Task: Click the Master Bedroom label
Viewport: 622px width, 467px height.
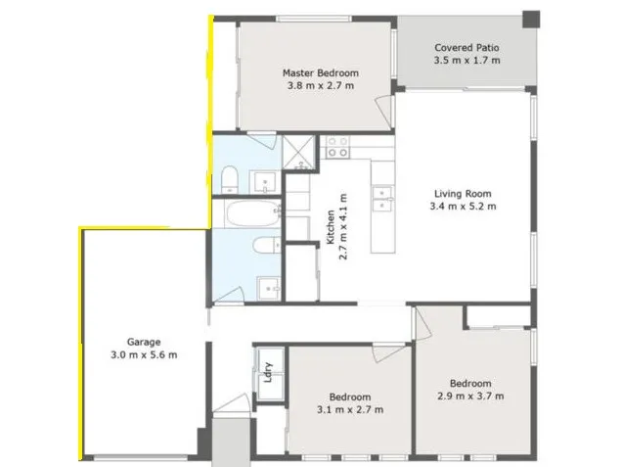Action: pos(321,73)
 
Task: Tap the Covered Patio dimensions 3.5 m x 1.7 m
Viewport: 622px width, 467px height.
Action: pos(466,61)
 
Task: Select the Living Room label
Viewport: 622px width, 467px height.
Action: pos(463,194)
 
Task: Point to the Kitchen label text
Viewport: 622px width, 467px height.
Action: pos(331,227)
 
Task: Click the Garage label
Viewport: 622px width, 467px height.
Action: pos(144,342)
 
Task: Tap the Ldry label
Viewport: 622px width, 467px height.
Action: pos(268,372)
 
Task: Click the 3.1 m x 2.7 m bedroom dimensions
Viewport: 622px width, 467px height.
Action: pos(350,409)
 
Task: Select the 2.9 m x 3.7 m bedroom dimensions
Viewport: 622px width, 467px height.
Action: pos(470,396)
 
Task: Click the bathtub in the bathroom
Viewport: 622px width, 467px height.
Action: pos(252,213)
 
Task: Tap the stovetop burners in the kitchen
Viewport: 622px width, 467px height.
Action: pos(337,147)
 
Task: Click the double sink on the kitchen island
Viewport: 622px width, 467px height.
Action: pos(382,199)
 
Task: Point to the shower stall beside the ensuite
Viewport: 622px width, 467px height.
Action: pos(298,153)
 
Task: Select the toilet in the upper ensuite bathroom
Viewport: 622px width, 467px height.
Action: pos(229,179)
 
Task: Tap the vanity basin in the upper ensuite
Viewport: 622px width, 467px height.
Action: pos(265,182)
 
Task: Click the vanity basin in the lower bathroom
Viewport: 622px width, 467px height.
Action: pos(270,289)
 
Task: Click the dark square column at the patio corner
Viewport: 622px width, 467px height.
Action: pos(531,19)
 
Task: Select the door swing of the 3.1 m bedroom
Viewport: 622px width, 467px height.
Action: pos(389,352)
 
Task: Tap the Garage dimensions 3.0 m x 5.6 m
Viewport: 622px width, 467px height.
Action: pos(144,354)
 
